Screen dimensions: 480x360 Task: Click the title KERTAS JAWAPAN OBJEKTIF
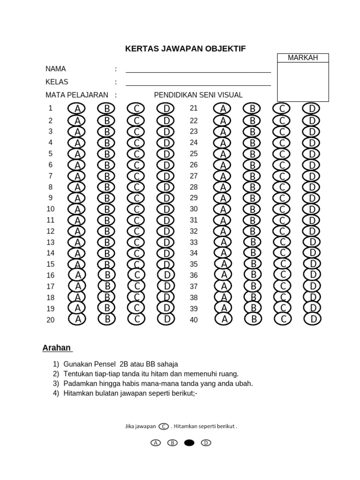pos(185,49)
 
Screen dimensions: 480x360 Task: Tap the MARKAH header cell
pos(303,58)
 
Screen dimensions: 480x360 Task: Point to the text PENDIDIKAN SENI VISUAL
pos(198,95)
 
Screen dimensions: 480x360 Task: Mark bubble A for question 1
pos(77,109)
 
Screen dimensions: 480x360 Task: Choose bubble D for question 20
pos(166,320)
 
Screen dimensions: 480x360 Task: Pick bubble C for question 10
pos(136,209)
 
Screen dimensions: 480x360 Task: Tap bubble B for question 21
pos(252,109)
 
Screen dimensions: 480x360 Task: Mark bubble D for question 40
pos(312,320)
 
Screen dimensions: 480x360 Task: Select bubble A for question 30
pos(223,209)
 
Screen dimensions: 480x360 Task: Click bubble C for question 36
pos(283,274)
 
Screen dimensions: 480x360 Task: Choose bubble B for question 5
pos(106,154)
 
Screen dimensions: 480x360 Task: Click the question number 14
pos(51,253)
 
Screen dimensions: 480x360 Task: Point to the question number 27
pos(194,176)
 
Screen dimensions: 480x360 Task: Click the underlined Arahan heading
pos(57,348)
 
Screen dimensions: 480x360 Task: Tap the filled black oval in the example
pos(189,442)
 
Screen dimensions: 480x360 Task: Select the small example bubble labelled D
pos(206,442)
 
